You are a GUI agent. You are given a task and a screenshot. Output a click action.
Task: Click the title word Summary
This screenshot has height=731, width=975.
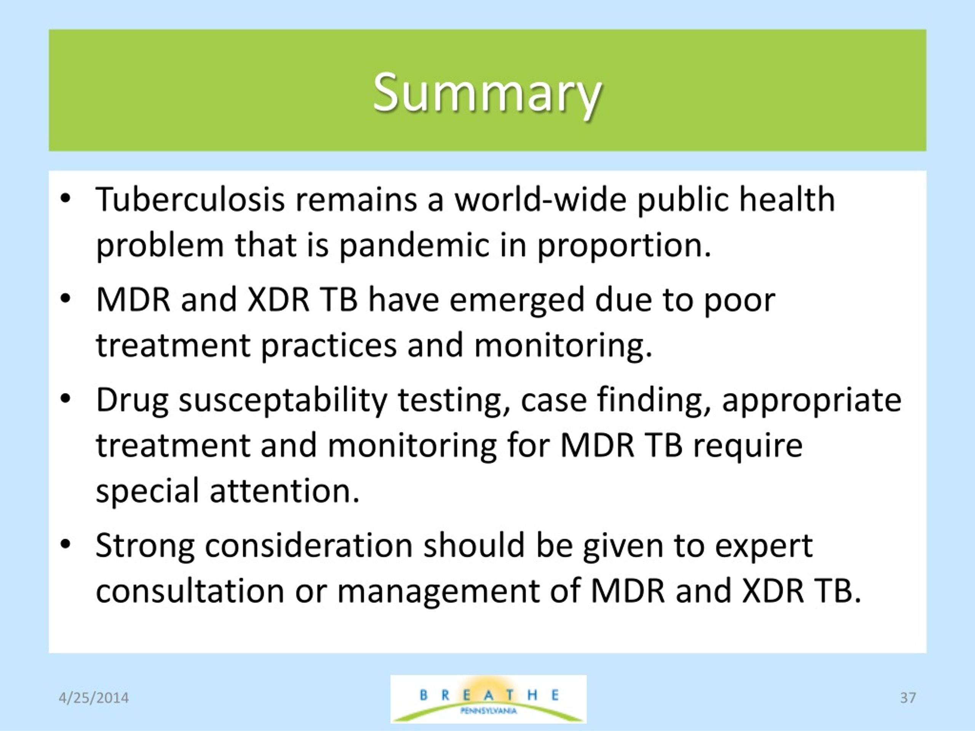pyautogui.click(x=487, y=93)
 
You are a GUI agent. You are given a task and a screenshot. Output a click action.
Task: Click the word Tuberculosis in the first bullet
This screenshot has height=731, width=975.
pyautogui.click(x=190, y=200)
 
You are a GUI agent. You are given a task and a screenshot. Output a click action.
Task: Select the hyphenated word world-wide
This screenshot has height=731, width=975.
pyautogui.click(x=540, y=200)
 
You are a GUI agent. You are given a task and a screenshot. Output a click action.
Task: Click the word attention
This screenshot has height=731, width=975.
pyautogui.click(x=284, y=491)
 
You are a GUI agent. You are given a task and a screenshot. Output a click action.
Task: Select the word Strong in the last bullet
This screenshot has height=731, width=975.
pyautogui.click(x=145, y=546)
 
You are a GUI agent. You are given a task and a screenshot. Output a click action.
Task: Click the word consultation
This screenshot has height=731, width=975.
pyautogui.click(x=190, y=591)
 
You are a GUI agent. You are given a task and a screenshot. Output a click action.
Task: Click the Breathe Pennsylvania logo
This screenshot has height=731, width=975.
pyautogui.click(x=488, y=699)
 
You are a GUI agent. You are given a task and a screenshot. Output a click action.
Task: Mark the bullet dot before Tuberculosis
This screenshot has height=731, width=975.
pyautogui.click(x=65, y=198)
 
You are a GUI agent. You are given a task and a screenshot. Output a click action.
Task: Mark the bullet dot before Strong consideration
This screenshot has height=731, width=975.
pyautogui.click(x=65, y=544)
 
